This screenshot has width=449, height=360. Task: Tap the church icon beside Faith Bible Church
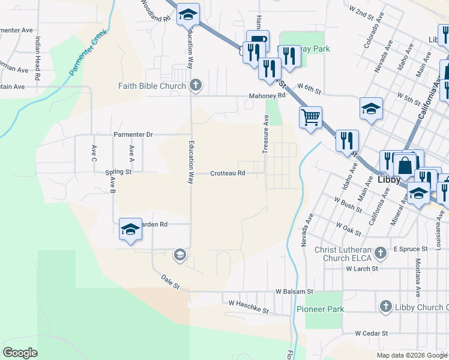point(195,86)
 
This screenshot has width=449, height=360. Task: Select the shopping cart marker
point(310,118)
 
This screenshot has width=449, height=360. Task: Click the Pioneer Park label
point(321,309)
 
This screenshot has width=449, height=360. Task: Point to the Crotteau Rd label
point(228,173)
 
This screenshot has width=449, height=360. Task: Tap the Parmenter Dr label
point(134,134)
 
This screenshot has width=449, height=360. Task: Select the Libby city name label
point(388,179)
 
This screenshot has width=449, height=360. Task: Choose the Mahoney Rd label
point(267,95)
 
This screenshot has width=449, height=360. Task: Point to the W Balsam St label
point(294,292)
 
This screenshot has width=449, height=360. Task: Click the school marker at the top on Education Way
point(188,14)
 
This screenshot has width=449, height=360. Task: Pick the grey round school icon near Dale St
point(179,256)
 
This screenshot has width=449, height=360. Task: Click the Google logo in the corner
point(20,353)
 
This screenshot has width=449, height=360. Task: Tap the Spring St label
point(118,172)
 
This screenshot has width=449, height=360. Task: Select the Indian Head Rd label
point(37,58)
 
